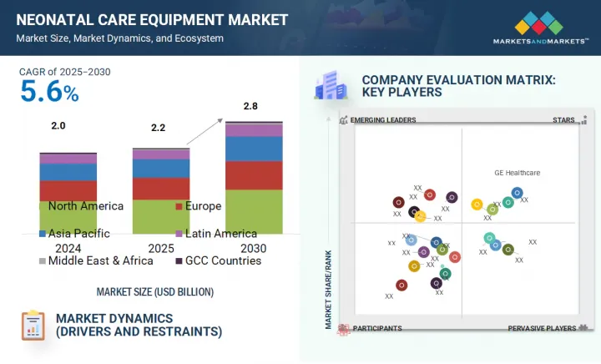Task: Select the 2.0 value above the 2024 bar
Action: click(57, 125)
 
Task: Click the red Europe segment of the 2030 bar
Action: click(254, 174)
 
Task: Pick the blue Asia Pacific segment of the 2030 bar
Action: click(254, 149)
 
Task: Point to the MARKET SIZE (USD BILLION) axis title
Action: click(154, 292)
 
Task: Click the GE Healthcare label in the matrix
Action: click(517, 173)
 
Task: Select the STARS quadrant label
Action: click(564, 120)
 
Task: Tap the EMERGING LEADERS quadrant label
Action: click(382, 120)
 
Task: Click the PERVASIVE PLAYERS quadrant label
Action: click(542, 328)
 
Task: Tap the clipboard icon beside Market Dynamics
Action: click(33, 326)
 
